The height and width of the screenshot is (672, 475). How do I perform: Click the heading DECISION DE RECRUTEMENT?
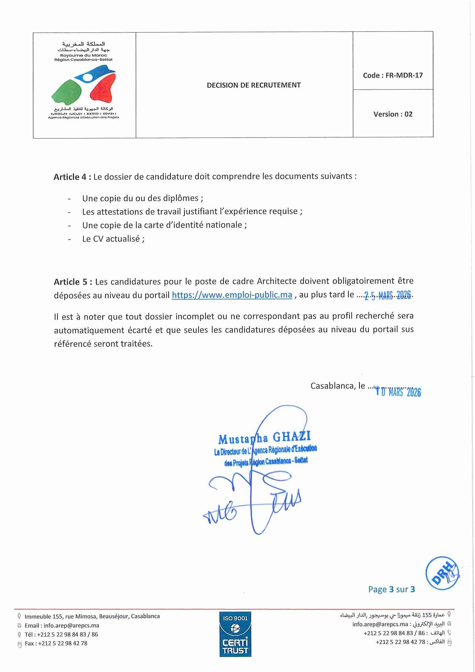pos(254,85)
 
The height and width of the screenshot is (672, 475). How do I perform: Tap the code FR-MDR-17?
pos(393,75)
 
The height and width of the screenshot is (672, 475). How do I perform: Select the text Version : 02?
pos(393,114)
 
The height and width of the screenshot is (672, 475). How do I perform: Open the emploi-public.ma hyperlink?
pos(232,295)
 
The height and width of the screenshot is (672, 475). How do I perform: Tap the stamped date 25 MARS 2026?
pos(387,296)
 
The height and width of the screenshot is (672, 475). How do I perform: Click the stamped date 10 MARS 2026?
pos(398,392)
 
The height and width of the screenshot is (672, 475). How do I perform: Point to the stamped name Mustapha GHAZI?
pos(264,438)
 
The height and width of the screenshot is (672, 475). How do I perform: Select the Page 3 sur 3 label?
pos(391,589)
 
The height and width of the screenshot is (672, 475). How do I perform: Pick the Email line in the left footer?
pos(61,625)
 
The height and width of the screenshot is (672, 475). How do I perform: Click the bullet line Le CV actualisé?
pos(113,239)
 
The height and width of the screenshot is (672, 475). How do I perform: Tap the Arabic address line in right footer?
pos(392,615)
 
